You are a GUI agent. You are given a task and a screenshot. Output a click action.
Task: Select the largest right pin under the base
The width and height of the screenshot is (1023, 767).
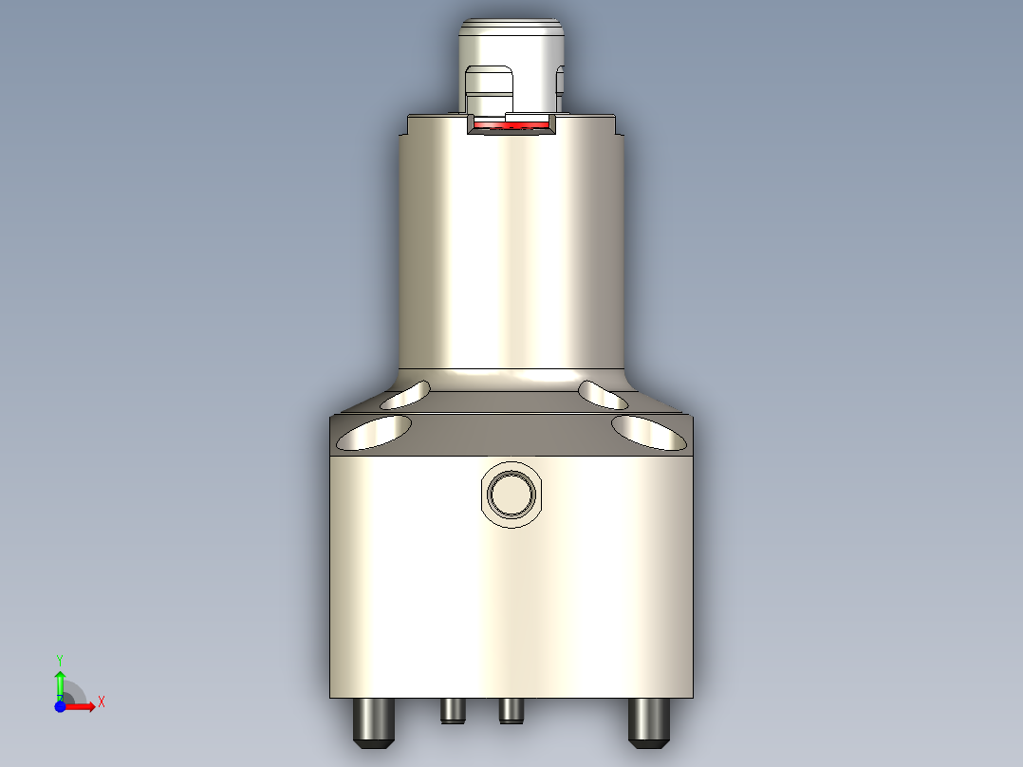point(649,721)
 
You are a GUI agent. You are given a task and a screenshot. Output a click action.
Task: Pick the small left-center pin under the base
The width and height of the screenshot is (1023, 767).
point(453,710)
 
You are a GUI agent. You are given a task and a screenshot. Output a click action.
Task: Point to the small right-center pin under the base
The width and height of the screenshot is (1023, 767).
point(511,710)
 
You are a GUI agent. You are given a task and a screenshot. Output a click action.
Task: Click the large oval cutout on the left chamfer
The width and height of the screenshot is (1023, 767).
point(373,432)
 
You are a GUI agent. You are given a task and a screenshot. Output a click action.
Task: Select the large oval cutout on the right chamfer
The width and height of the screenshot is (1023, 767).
point(649,432)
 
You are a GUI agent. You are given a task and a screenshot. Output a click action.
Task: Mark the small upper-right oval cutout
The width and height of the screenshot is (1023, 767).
point(604,392)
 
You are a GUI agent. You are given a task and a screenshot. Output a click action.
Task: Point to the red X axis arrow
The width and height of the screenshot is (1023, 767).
point(84,706)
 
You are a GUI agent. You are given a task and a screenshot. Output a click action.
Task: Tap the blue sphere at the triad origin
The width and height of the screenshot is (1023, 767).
point(60,706)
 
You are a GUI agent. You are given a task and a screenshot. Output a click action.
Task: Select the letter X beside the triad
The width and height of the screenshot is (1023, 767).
point(102,702)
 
